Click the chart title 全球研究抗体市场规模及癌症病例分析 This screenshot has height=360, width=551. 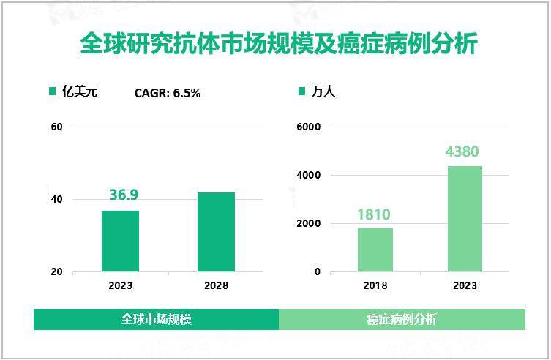tap(278, 44)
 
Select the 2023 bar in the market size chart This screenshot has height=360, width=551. tap(120, 241)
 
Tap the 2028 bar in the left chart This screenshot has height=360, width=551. tap(216, 232)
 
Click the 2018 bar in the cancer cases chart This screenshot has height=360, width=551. tap(375, 250)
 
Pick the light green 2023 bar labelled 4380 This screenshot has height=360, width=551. tap(465, 219)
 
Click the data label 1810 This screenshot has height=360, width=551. tap(374, 214)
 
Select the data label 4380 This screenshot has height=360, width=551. tap(462, 152)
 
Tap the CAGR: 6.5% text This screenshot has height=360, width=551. tap(168, 93)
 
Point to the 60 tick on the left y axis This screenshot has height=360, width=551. tap(57, 127)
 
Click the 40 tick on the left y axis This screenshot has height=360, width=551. tap(57, 200)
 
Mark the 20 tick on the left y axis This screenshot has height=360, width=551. tap(57, 272)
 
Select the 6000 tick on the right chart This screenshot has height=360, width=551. tap(307, 127)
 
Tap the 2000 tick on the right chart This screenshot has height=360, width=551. tap(307, 224)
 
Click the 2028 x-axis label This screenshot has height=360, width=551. tap(216, 285)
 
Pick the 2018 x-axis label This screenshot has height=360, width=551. tap(375, 285)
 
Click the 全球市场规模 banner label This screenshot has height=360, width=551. tap(156, 320)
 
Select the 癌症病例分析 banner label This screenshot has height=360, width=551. tap(402, 320)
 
